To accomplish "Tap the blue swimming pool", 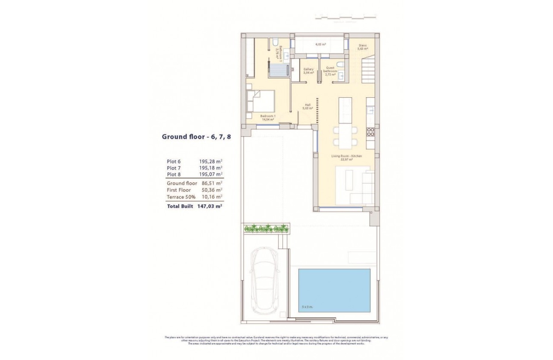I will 334,290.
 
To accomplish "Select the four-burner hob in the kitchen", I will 370,132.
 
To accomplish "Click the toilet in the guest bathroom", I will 340,65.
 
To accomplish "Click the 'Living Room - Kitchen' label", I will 346,156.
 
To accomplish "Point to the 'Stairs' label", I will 363,45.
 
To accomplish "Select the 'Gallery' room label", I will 308,69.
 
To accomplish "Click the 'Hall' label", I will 307,105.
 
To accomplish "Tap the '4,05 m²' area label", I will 320,44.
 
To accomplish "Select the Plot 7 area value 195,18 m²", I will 210,168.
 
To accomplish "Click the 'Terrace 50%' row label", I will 181,197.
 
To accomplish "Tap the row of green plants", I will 266,228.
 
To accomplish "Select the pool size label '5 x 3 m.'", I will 307,307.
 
